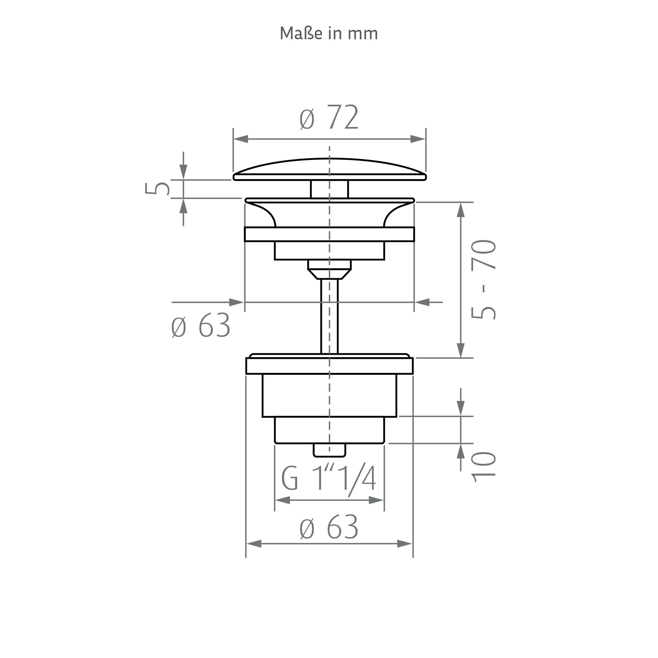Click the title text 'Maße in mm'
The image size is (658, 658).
point(329,33)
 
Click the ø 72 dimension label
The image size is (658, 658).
point(329,117)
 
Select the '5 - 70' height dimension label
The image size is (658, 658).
point(483,280)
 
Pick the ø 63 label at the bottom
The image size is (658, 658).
point(329,527)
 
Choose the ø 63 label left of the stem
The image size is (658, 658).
point(201,325)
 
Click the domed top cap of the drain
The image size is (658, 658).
point(329,169)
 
